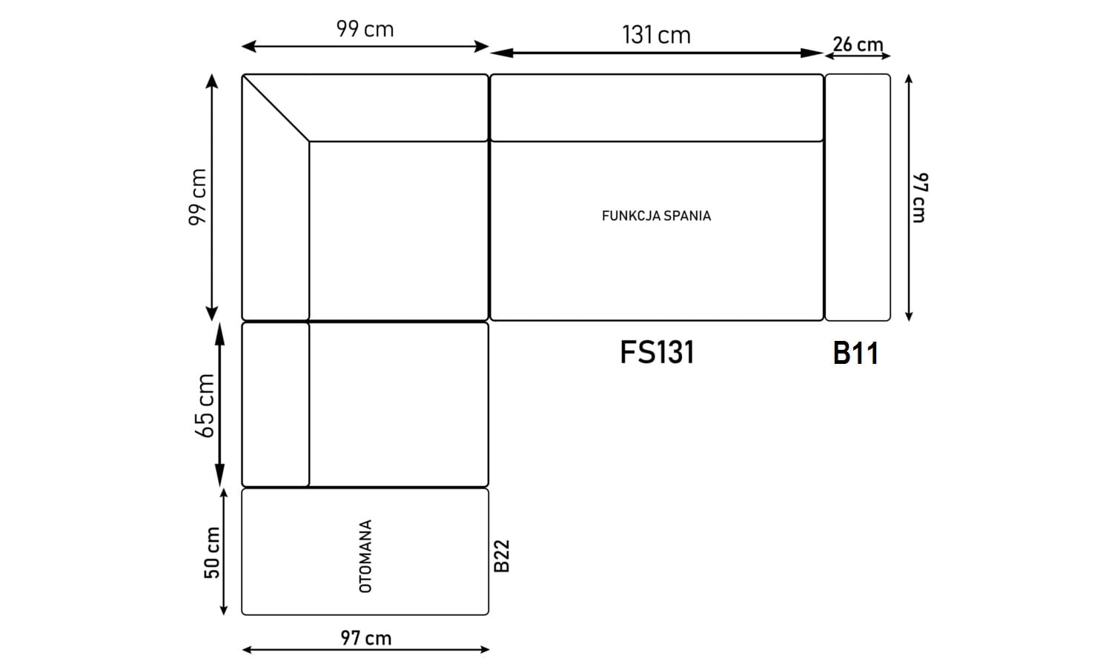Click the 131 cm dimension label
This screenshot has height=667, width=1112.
656,36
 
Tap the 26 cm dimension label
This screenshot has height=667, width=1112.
858,44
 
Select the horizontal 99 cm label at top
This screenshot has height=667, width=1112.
365,29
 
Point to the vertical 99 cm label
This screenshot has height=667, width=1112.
198,197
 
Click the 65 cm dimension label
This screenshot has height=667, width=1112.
205,405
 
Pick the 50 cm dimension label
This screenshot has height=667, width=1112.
211,552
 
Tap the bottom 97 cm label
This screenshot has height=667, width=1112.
366,638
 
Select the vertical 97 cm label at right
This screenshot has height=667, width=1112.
920,198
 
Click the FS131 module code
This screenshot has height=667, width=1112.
657,352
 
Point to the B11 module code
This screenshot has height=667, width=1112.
855,354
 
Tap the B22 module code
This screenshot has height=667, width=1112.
502,556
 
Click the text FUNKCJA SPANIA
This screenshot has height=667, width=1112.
656,216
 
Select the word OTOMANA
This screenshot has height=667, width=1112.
365,556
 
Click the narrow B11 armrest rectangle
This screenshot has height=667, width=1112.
857,198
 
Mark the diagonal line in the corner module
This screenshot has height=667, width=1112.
276,108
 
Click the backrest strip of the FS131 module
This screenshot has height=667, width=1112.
657,107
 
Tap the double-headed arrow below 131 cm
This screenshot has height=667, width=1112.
657,53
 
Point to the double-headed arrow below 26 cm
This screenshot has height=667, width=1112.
858,56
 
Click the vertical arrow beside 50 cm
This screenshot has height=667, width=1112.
223,552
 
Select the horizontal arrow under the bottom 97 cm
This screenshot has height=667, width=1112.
365,649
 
